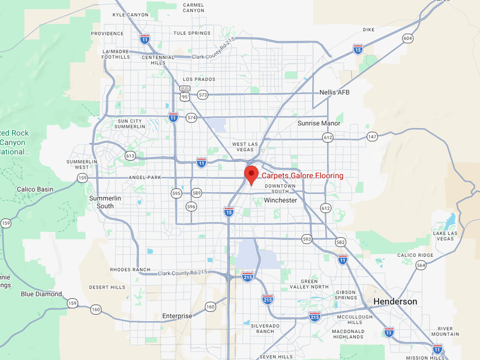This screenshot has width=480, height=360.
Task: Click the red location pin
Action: (251, 175)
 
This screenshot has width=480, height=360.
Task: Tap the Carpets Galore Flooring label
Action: (302, 176)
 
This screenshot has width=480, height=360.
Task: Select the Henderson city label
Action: (395, 301)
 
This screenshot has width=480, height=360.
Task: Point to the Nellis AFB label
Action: (334, 92)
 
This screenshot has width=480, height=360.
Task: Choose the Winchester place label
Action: (280, 200)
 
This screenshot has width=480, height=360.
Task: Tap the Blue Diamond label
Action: (41, 294)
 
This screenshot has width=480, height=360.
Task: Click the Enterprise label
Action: (177, 316)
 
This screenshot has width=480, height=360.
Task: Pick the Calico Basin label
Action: (35, 190)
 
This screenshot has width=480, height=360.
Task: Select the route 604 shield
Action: (408, 38)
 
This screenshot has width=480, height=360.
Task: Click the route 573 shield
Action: (203, 95)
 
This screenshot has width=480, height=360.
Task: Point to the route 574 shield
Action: (191, 118)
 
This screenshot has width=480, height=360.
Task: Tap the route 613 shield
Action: (130, 155)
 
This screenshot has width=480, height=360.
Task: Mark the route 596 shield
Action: (191, 207)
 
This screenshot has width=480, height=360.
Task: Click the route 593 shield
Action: (307, 239)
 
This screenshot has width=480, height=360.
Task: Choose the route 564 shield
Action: (421, 265)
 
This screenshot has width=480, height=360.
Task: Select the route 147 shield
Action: (373, 137)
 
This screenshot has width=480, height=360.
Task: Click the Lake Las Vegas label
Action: (444, 236)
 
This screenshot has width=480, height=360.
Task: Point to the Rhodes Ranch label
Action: (130, 269)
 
